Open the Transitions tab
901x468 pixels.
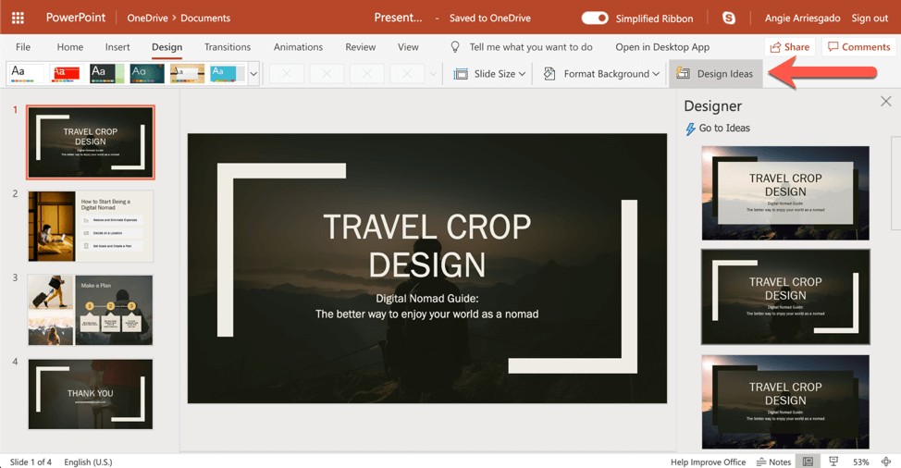[x=228, y=47]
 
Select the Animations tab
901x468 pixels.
[x=298, y=47]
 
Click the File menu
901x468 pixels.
[x=23, y=47]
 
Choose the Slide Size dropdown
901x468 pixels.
[x=490, y=74]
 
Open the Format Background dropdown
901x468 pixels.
[x=601, y=74]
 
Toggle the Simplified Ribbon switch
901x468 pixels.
[x=595, y=18]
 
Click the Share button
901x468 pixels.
[x=789, y=47]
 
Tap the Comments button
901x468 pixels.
[x=858, y=47]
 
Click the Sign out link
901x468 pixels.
[x=870, y=18]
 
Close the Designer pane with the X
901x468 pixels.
[x=885, y=102]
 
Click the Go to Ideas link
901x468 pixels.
[x=718, y=129]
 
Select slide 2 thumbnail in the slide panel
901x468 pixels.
[x=91, y=227]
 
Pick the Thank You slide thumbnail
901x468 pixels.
[x=91, y=394]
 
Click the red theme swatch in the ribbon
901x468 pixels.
[x=66, y=73]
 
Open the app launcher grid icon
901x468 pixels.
[x=18, y=18]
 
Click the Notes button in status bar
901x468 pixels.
[x=773, y=462]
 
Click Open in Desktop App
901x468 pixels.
[x=662, y=47]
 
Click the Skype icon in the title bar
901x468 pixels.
[x=729, y=18]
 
